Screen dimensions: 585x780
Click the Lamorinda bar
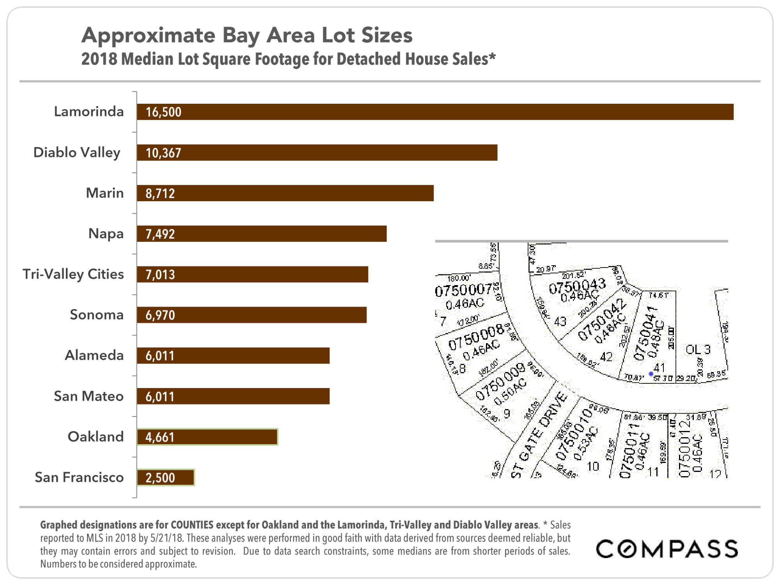click(435, 112)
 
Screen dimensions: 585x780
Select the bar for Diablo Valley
click(317, 152)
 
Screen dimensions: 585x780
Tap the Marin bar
click(285, 193)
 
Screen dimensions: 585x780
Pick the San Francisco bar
click(165, 477)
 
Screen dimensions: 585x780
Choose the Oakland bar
click(207, 437)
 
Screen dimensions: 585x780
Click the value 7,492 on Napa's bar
click(160, 234)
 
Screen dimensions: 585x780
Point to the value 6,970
click(160, 315)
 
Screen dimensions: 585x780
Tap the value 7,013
click(160, 275)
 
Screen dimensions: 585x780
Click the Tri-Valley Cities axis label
click(73, 274)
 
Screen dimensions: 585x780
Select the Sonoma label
click(96, 315)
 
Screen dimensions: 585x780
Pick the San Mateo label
click(89, 396)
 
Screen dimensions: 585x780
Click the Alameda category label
click(94, 355)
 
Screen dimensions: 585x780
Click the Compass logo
click(667, 549)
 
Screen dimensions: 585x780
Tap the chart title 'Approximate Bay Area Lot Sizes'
click(247, 35)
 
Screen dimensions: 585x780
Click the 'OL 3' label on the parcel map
click(698, 349)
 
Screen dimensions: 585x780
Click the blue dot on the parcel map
click(651, 374)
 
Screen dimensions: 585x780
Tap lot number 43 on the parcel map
click(560, 321)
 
